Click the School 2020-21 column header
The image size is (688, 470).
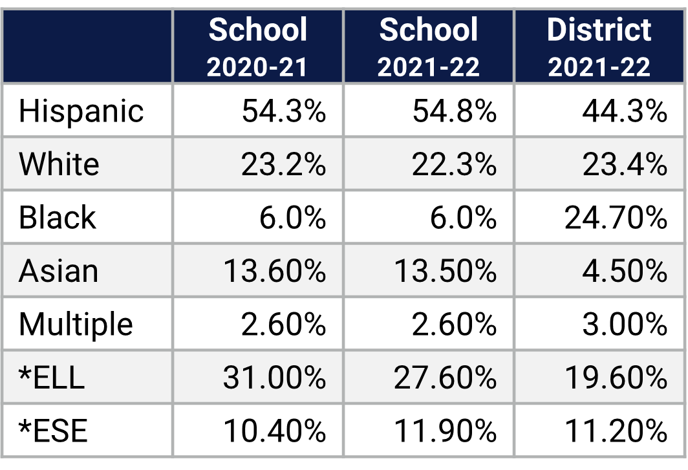tap(257, 47)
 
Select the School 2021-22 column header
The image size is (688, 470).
tap(428, 47)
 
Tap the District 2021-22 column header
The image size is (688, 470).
tap(599, 47)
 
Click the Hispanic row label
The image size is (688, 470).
tap(81, 111)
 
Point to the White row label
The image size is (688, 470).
tap(59, 164)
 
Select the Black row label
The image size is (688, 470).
tap(57, 217)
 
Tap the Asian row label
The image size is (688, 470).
tap(58, 271)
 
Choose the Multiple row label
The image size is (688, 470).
tap(76, 324)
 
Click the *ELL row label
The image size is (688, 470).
tap(52, 378)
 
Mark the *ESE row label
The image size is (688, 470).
tap(53, 431)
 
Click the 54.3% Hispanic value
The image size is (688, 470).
tap(283, 111)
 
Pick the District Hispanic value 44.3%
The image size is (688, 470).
tap(624, 111)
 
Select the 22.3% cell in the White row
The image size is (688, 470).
tap(454, 164)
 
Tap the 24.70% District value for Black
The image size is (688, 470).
tap(616, 217)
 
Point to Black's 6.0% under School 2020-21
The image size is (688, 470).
tap(292, 217)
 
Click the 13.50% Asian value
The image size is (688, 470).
tap(445, 271)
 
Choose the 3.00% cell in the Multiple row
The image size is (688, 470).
tap(624, 324)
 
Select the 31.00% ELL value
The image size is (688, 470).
tap(274, 378)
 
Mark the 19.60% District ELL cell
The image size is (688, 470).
tap(616, 378)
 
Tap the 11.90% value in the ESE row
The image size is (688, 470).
tap(445, 431)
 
